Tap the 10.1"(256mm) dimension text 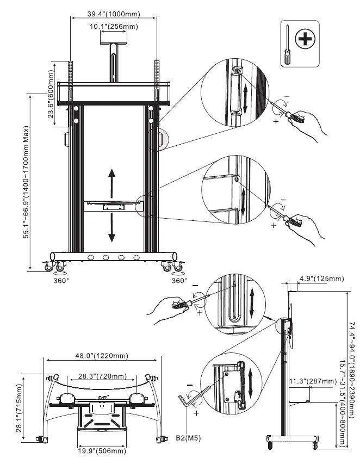[114, 26]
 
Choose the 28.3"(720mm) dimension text [102, 376]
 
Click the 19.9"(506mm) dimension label [102, 451]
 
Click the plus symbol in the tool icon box [306, 39]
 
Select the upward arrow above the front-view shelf [112, 182]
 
